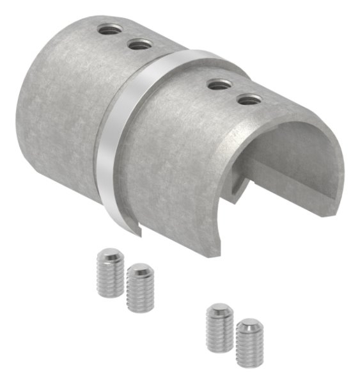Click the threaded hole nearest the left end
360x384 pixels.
coord(107,28)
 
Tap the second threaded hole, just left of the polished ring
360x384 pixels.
coord(139,44)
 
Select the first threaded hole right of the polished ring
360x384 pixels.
coord(219,83)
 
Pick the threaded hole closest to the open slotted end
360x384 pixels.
coord(249,99)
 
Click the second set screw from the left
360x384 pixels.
coord(140,287)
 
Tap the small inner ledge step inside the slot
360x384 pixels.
coord(243,186)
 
